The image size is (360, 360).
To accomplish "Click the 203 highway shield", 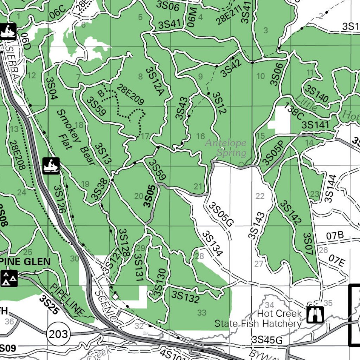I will [x=58, y=334].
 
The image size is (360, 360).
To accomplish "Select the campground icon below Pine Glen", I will [x=9, y=278].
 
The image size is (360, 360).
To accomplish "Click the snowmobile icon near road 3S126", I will [x=51, y=166].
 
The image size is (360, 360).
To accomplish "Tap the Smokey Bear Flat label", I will [x=76, y=137].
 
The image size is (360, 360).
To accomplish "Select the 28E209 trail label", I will [x=131, y=95].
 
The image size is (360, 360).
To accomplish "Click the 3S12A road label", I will [x=155, y=82].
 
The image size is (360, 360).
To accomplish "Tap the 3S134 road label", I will [x=212, y=243].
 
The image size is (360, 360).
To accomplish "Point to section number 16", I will [x=200, y=136].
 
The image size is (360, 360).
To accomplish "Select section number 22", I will [x=260, y=196].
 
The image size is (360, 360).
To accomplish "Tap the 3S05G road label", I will [x=221, y=214].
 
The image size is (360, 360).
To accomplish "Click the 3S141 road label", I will [x=315, y=125].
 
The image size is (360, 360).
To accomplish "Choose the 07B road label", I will [x=334, y=236].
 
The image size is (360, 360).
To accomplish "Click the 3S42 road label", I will [x=231, y=68].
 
